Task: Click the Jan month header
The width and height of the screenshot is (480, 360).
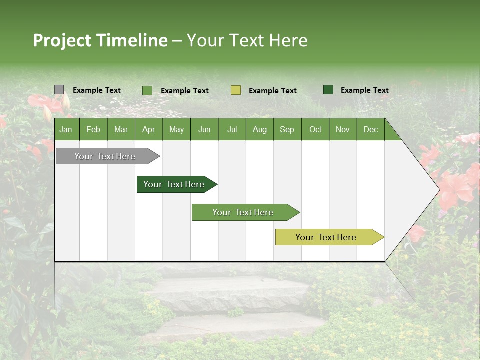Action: point(66,130)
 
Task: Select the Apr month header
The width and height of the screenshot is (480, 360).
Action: point(148,130)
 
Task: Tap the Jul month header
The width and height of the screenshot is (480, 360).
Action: point(232,130)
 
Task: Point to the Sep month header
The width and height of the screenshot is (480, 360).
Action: point(287,130)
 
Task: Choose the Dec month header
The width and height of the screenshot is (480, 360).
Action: point(370,130)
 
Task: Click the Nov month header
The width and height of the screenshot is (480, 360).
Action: point(342,130)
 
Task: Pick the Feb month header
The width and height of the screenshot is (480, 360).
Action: point(93,130)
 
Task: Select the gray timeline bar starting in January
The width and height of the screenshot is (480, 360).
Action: point(105,156)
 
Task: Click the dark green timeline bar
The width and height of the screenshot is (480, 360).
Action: point(174,184)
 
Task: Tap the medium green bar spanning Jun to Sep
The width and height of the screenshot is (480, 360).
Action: point(243,212)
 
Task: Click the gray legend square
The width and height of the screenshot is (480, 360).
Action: point(59,90)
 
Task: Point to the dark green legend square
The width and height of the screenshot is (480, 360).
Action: point(328,90)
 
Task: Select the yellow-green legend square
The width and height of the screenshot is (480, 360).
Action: point(236,90)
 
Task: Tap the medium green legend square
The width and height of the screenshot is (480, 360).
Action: point(147,90)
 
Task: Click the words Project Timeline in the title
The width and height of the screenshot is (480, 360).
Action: point(100,40)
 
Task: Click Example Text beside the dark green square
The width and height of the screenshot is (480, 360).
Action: point(364,90)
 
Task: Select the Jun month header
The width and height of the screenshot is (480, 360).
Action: point(204,130)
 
